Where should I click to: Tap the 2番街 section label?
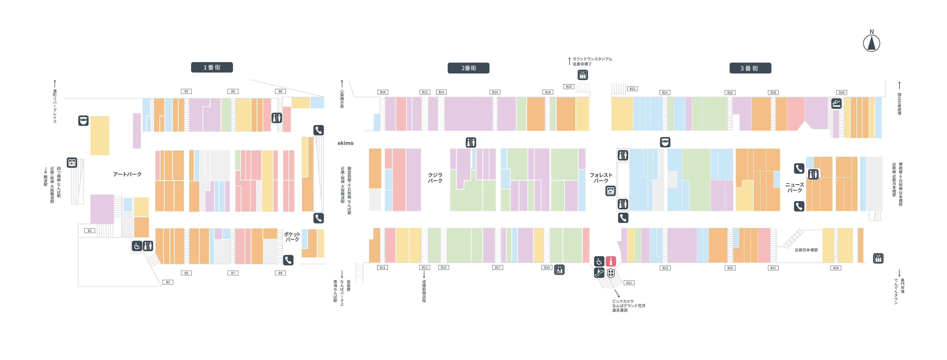point(468,68)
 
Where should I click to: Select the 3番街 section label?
point(750,68)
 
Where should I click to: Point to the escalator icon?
point(599,273)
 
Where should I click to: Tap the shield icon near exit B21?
point(611,273)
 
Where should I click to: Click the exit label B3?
point(168,282)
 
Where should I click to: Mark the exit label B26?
point(730,92)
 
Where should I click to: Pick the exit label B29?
point(836,268)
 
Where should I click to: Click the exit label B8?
point(280,91)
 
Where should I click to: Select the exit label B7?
point(233,273)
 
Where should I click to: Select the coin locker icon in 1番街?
point(72,163)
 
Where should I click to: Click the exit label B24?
point(665,92)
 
